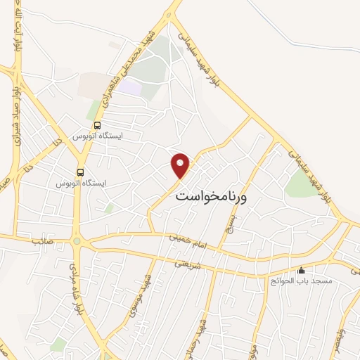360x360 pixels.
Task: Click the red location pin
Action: tap(181, 165)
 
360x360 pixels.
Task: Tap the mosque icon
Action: tap(302, 269)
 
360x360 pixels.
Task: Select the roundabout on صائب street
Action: tap(76, 242)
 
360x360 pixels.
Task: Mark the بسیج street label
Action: tap(229, 222)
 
